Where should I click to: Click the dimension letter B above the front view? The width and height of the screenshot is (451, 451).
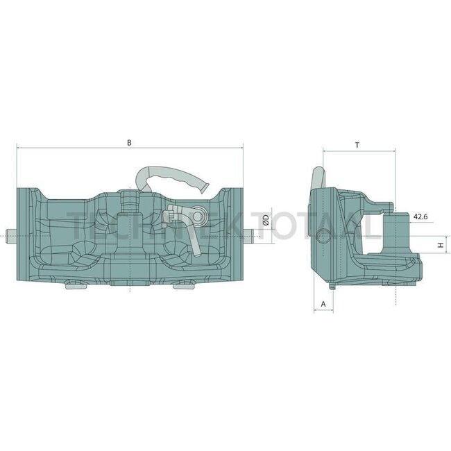(129, 142)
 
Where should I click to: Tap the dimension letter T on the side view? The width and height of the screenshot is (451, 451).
(357, 145)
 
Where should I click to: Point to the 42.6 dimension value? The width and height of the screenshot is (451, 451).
(420, 216)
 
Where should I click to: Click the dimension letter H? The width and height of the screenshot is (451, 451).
(439, 245)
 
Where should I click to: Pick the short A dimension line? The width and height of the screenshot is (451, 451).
(323, 310)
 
